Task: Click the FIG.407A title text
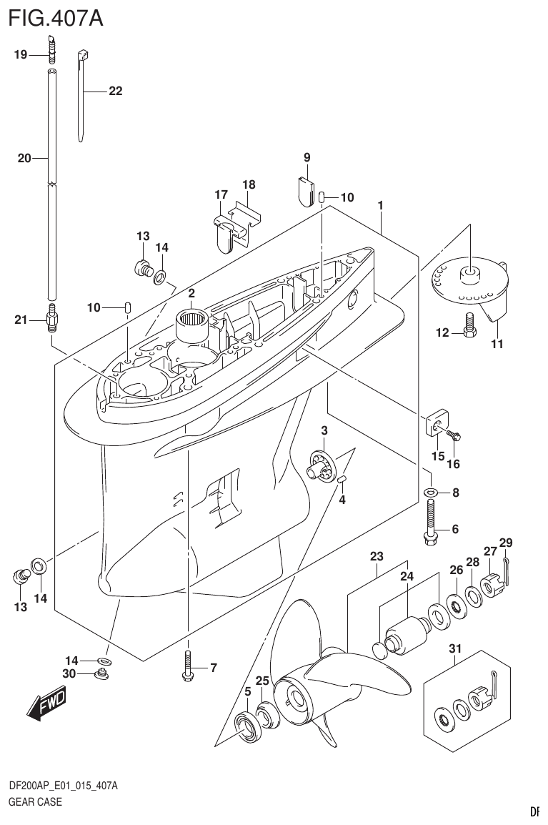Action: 56,18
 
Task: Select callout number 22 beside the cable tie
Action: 115,91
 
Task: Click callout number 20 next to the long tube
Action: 24,159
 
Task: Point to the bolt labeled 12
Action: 469,325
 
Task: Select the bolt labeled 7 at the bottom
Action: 187,666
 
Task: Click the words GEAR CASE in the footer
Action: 35,801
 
